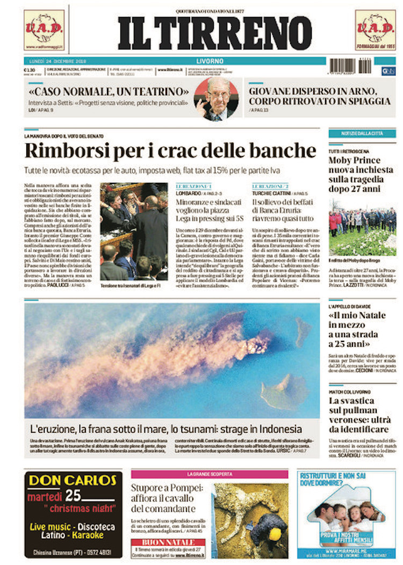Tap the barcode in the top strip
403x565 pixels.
pos(350,66)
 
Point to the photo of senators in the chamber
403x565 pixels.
pos(134,231)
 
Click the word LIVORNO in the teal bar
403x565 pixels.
pos(210,61)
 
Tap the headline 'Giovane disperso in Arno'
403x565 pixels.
pos(320,96)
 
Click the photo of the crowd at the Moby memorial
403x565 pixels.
pos(362,226)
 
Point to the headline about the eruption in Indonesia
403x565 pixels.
pos(165,430)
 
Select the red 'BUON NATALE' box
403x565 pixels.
pos(168,542)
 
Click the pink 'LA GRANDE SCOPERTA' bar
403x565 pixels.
pos(210,474)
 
